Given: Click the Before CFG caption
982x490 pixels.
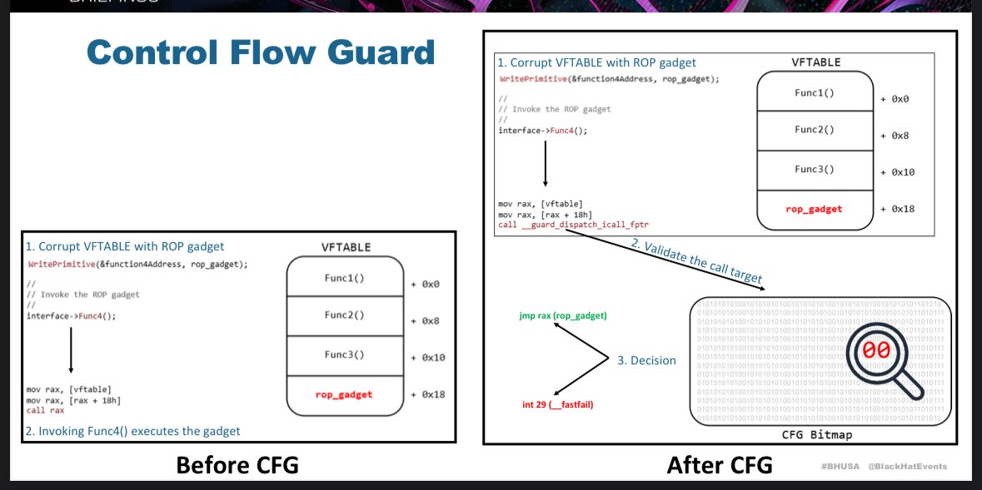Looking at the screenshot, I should point(237,466).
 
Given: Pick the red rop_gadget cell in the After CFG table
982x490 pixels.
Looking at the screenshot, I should point(814,208).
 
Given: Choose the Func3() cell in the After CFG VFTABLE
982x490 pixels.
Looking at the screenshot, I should point(814,169).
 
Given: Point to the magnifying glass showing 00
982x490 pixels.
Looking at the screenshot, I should point(877,353).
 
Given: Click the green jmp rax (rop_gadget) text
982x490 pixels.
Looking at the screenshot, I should point(562,316).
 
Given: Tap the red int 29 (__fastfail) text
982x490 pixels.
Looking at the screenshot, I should point(557,404).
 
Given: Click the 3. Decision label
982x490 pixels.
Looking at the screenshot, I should point(646,360).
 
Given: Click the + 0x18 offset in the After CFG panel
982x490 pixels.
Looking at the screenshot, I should point(898,209).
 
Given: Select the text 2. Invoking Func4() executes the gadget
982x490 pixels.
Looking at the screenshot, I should point(133,430).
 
